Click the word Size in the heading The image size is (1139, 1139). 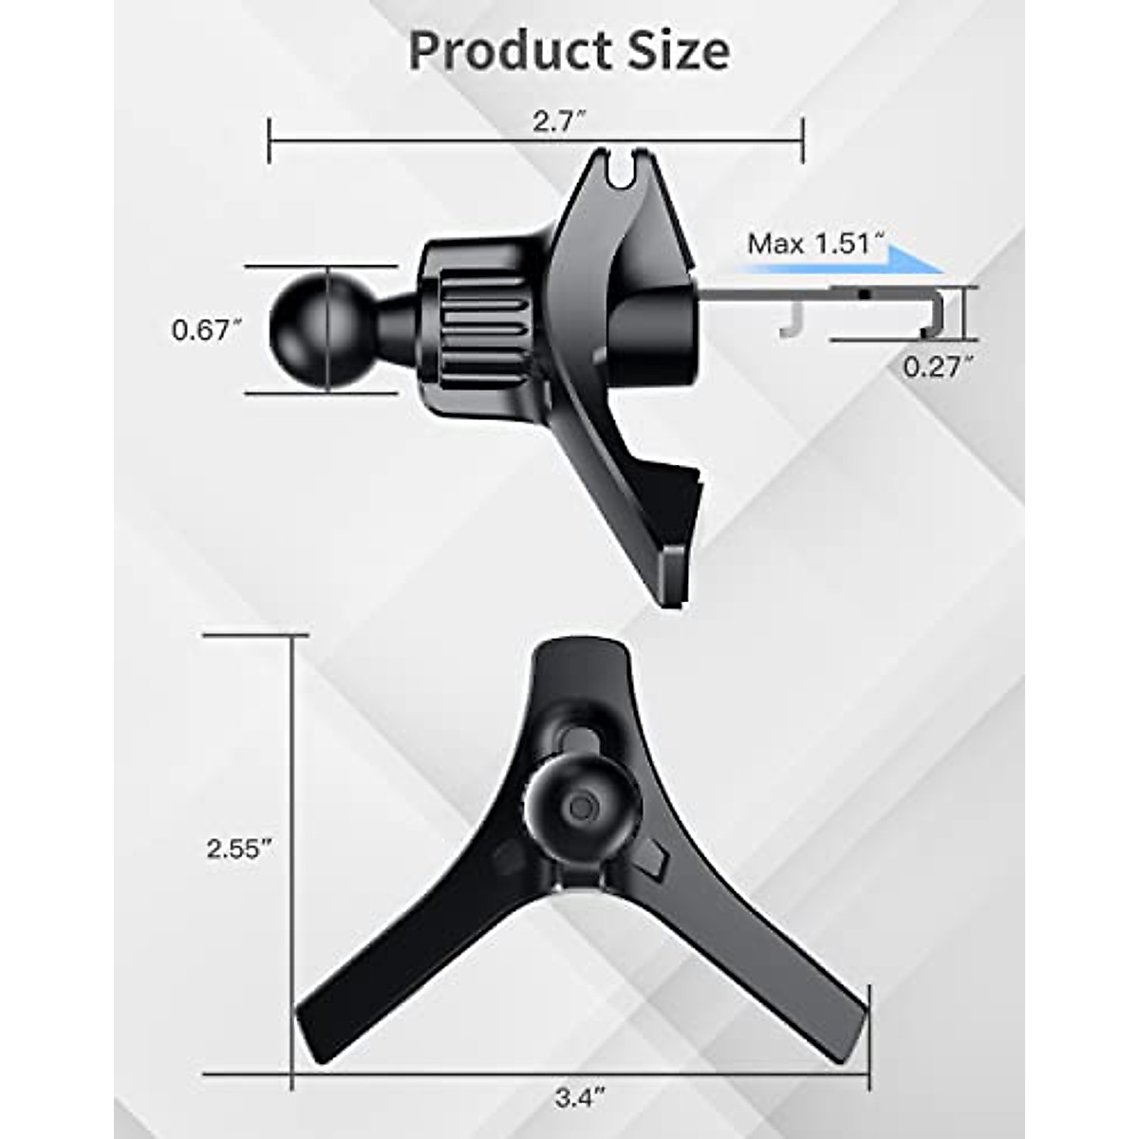point(677,51)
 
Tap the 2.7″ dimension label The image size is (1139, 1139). point(556,122)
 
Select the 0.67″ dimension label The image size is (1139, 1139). point(201,330)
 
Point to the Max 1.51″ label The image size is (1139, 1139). point(810,244)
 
